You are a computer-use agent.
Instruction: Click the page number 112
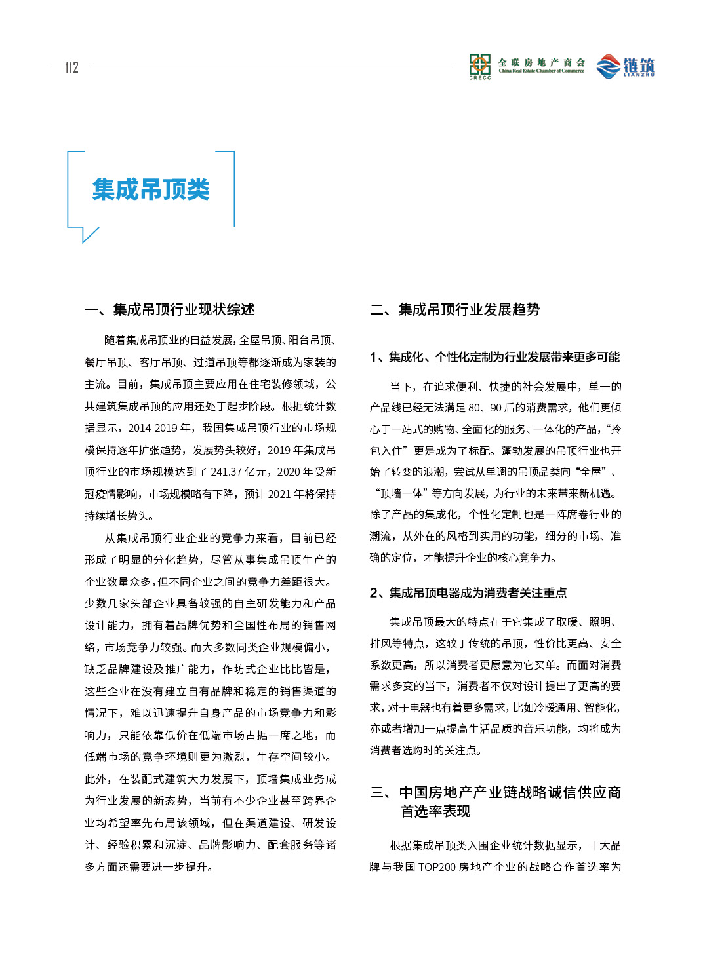pos(71,67)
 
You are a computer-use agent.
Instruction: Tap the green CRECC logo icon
pos(479,66)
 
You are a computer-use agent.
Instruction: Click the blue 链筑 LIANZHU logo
pos(625,66)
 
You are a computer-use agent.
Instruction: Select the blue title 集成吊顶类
pos(151,189)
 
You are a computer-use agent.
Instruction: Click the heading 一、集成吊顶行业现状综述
pos(170,309)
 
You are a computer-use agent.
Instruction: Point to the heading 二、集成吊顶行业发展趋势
pos(454,309)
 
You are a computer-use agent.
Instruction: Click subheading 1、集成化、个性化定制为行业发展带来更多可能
pos(494,357)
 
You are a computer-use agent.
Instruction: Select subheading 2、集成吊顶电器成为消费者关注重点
pos(468,593)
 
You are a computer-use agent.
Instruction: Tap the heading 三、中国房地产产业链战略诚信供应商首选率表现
pos(495,801)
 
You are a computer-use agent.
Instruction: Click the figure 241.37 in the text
pos(228,472)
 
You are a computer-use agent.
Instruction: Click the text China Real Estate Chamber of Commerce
pos(541,71)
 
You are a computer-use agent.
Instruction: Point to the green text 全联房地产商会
pos(541,62)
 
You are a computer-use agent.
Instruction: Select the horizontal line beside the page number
pos(273,67)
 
